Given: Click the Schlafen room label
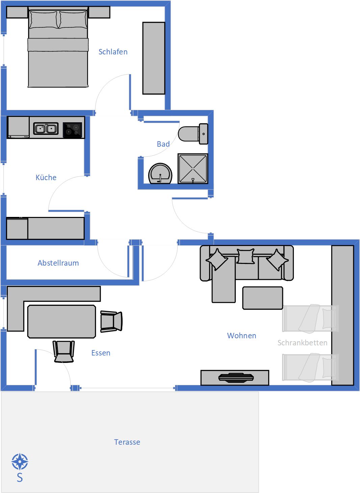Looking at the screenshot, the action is click(113, 52).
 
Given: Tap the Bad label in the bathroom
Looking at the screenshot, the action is click(163, 144).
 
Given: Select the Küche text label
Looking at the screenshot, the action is click(46, 177).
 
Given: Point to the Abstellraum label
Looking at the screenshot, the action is click(58, 263).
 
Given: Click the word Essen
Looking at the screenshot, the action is click(101, 353).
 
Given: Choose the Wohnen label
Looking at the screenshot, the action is click(241, 336).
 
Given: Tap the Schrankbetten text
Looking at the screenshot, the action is click(302, 343).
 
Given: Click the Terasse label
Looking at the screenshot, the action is click(127, 442).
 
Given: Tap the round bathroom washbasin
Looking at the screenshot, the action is click(160, 173).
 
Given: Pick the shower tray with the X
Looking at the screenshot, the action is click(193, 169).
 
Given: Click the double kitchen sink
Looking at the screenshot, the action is click(46, 128).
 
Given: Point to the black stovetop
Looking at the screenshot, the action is click(72, 130).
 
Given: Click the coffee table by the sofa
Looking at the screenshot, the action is click(263, 298).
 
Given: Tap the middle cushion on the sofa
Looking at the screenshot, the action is click(246, 256).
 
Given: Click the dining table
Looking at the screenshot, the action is click(61, 321).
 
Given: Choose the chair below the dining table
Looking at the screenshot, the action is click(63, 351).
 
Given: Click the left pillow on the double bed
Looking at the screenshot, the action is click(44, 20).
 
